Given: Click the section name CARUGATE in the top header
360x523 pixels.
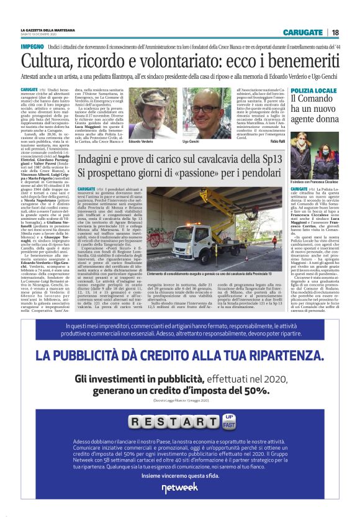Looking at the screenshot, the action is point(303,32).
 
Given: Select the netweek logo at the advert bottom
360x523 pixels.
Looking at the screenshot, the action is point(180,486).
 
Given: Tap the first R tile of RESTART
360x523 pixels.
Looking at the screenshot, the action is point(137,423).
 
